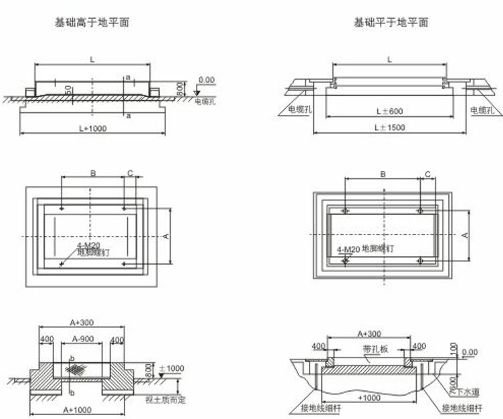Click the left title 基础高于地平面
point(92,22)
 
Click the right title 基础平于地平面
point(391,22)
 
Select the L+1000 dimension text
point(92,128)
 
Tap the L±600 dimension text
point(389,110)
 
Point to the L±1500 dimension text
point(389,127)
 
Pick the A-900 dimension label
point(82,339)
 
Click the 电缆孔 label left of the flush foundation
point(300,110)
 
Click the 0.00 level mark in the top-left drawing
point(207,80)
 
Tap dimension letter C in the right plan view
point(427,174)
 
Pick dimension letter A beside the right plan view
point(465,235)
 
